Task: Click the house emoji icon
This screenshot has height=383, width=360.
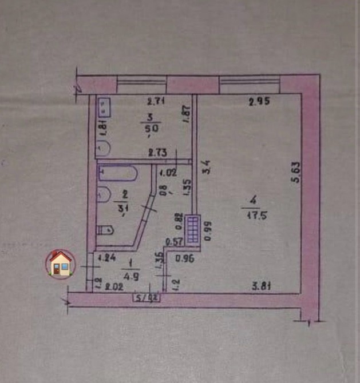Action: click(60, 264)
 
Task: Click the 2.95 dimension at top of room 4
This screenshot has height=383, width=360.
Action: click(259, 103)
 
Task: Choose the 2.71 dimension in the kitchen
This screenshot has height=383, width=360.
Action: click(156, 103)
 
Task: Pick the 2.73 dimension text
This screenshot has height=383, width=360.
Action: click(158, 153)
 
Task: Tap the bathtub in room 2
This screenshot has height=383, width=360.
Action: click(117, 172)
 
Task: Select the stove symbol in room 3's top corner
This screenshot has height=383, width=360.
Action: click(104, 106)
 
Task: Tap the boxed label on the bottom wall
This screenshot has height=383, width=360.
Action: click(145, 297)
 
